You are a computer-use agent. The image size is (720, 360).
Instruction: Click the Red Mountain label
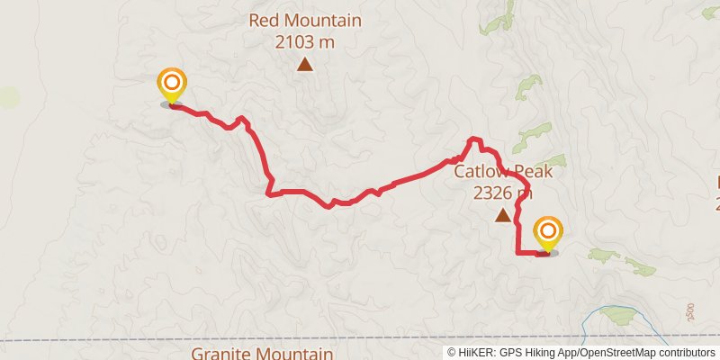click(x=305, y=21)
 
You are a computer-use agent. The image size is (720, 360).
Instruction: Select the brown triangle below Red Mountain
click(x=306, y=64)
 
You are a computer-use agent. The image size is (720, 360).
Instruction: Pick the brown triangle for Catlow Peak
click(x=502, y=214)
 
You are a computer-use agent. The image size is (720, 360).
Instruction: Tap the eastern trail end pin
click(x=547, y=232)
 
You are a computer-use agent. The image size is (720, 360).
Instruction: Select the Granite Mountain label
click(x=263, y=354)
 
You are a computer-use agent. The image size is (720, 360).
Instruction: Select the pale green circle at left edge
click(x=8, y=97)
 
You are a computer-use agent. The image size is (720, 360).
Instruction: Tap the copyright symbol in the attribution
click(x=453, y=353)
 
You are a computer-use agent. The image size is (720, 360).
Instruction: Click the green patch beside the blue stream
click(x=619, y=315)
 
